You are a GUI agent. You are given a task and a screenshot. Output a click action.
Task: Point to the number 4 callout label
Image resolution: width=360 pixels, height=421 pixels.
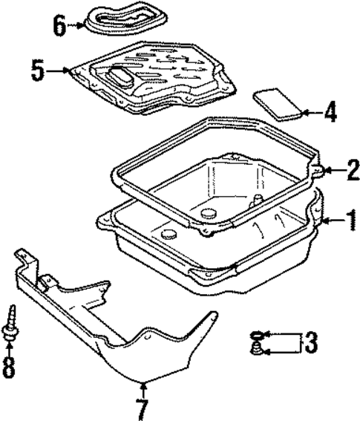click(x=330, y=113)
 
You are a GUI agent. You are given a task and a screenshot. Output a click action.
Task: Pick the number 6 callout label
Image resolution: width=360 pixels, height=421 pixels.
click(x=59, y=26)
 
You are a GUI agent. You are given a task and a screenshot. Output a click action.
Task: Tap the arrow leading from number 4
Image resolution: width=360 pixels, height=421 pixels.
click(x=312, y=113)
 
